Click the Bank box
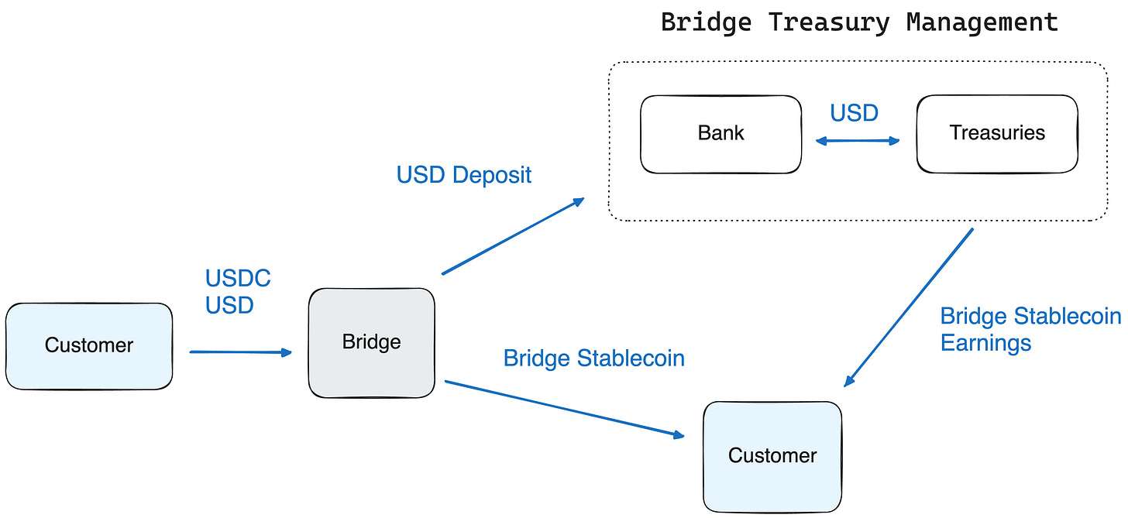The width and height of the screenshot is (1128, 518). (720, 134)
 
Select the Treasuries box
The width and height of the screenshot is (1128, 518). (996, 134)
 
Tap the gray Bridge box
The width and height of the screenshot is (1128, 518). (371, 342)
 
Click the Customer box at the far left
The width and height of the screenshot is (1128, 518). (88, 345)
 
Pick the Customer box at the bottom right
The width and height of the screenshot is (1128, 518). (772, 455)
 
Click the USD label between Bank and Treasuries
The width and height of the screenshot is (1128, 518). (854, 114)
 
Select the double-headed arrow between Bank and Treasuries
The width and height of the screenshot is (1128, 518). (858, 141)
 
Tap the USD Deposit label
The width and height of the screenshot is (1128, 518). (463, 175)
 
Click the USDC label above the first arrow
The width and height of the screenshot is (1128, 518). (238, 279)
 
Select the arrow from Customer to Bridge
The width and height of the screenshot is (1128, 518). (240, 352)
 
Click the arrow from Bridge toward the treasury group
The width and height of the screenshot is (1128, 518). (512, 236)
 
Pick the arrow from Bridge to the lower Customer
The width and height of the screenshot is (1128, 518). (564, 410)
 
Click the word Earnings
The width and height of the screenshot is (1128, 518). (985, 343)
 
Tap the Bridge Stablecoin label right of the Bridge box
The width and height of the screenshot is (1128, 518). (593, 358)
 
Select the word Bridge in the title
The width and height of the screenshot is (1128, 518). (706, 22)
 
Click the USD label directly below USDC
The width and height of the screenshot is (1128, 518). (229, 306)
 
